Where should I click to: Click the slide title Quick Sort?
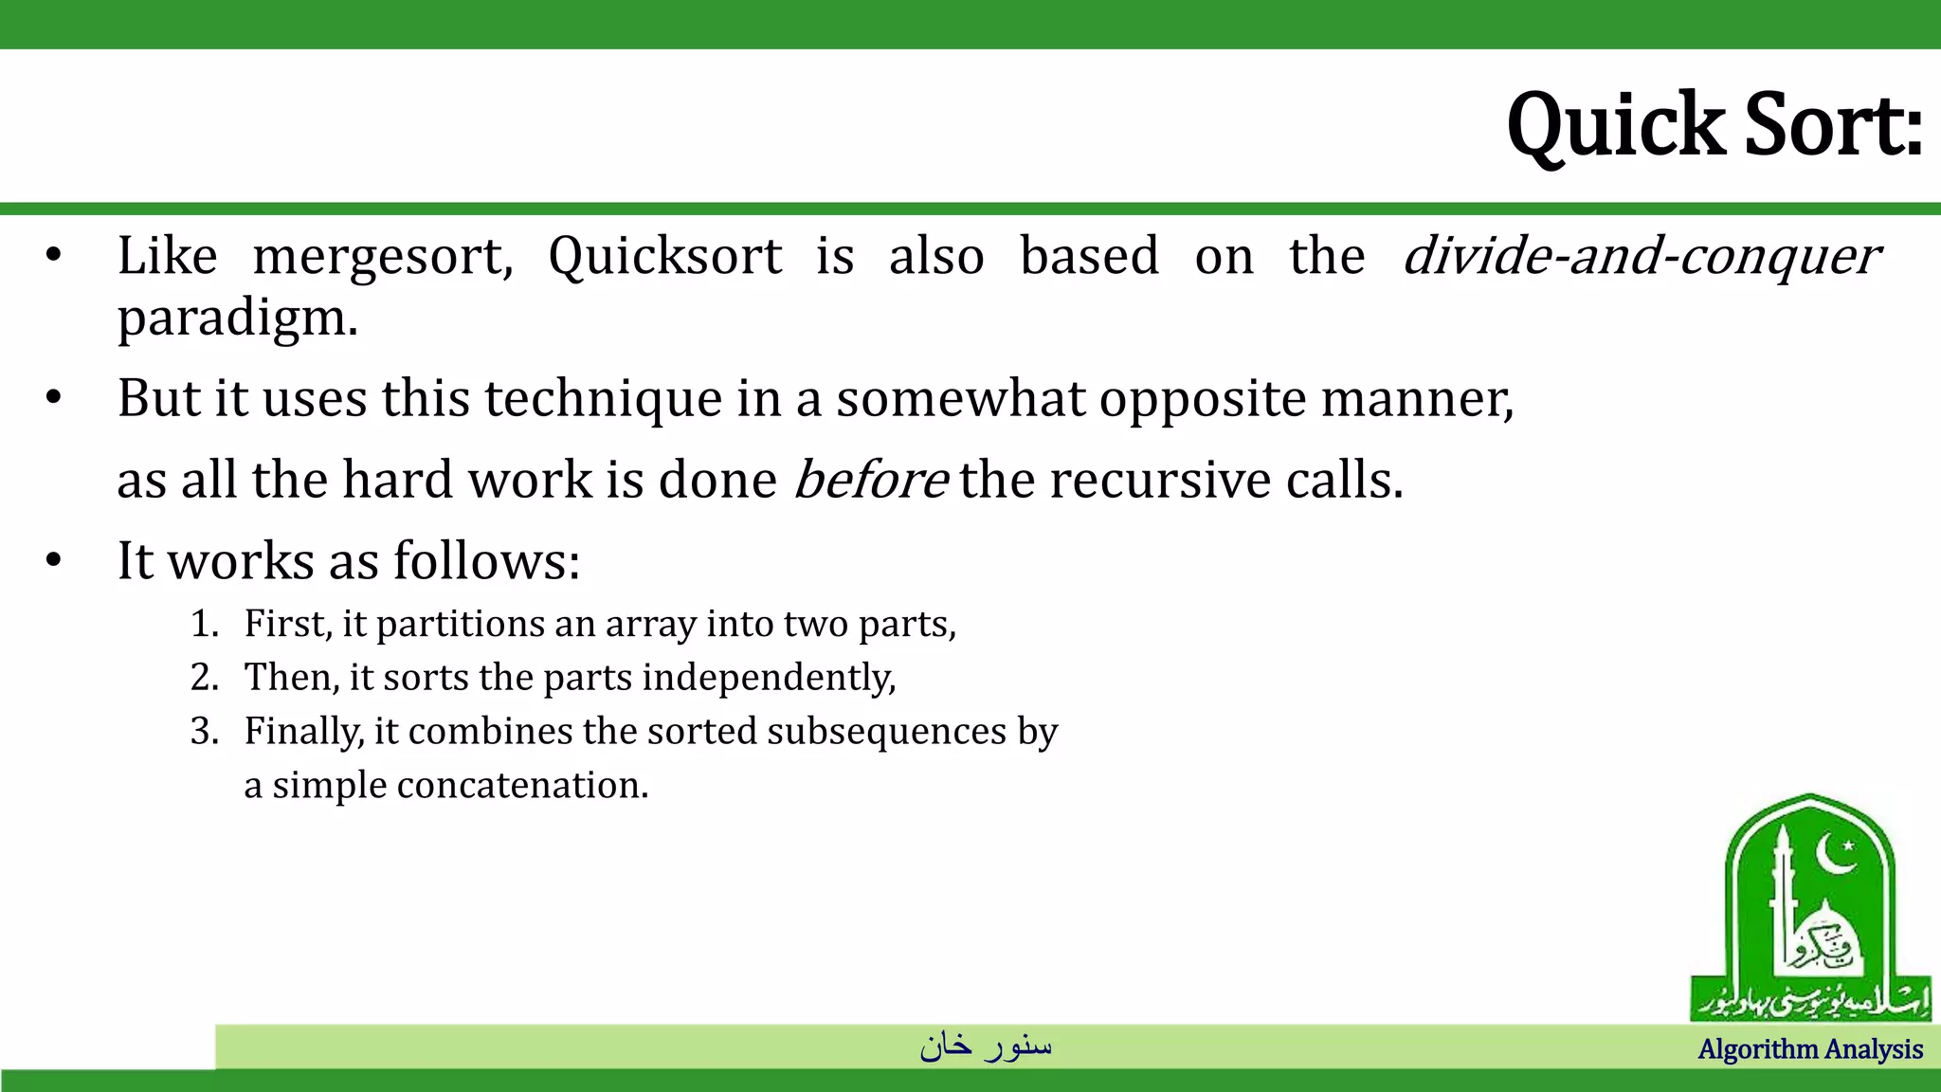coord(1714,125)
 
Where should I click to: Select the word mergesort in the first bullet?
coord(383,256)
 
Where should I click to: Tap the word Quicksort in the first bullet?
coord(665,256)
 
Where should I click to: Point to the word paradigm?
coord(237,318)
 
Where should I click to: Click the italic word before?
coord(870,480)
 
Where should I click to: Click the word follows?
coord(485,561)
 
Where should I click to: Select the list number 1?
coord(204,625)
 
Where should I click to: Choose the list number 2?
coord(204,678)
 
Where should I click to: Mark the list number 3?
coord(204,732)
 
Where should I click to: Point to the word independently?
coord(769,678)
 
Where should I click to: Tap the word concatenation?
coord(521,786)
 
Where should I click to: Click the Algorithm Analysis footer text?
coord(1810,1049)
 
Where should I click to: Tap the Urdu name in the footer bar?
coord(986,1046)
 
